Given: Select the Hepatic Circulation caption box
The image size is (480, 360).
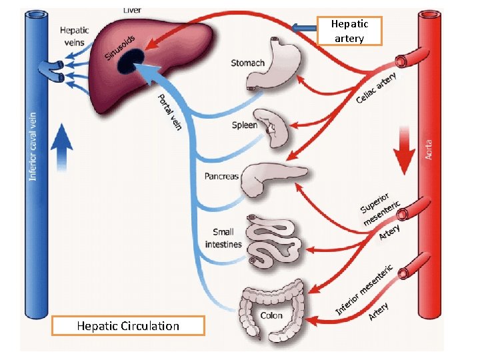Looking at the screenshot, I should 128,326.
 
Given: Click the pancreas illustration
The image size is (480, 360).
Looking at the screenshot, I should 270,179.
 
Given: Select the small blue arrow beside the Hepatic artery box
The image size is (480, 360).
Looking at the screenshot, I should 304,28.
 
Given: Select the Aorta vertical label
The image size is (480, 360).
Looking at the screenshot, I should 429,149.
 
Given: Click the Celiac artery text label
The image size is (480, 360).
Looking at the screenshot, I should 376,88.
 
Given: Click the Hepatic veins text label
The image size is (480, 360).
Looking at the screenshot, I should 74,35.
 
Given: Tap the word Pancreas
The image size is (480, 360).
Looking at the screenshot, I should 221,177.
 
